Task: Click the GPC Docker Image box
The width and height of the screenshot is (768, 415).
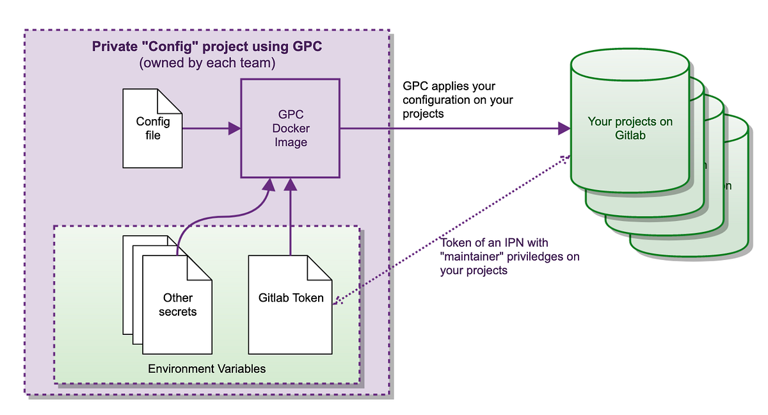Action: pyautogui.click(x=291, y=128)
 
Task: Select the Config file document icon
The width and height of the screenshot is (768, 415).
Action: pyautogui.click(x=152, y=129)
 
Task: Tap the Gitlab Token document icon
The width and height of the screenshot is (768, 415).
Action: pyautogui.click(x=291, y=305)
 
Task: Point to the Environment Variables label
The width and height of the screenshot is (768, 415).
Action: pyautogui.click(x=207, y=369)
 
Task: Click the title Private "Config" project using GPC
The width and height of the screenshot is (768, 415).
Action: pyautogui.click(x=207, y=47)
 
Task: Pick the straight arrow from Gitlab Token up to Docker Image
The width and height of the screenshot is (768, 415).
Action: pyautogui.click(x=291, y=218)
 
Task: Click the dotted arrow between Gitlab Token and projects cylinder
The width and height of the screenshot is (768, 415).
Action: pyautogui.click(x=448, y=231)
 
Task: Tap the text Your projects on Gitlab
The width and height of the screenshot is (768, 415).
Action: pyautogui.click(x=630, y=128)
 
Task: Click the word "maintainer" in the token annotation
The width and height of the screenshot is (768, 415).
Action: pyautogui.click(x=472, y=257)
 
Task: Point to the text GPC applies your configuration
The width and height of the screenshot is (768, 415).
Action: pyautogui.click(x=458, y=100)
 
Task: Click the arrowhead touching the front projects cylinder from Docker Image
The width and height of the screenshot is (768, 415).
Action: pyautogui.click(x=563, y=129)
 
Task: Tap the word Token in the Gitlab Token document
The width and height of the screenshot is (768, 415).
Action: pyautogui.click(x=309, y=298)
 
